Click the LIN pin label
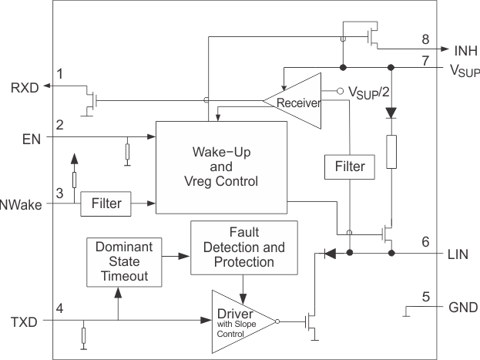(461, 253)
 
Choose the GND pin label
(463, 307)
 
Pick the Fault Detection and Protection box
(243, 247)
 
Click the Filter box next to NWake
(106, 204)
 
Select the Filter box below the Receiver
(349, 166)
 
